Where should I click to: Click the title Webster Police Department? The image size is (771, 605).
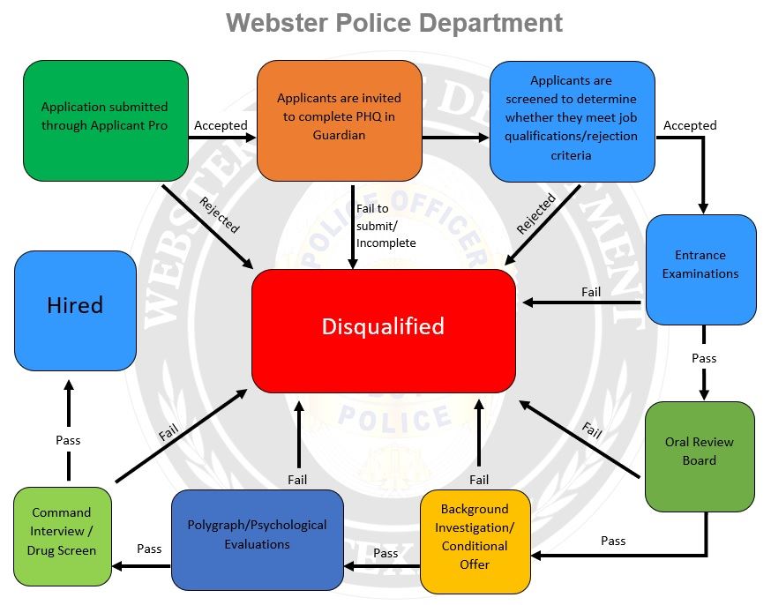click(394, 22)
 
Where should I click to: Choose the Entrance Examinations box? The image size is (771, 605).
click(700, 265)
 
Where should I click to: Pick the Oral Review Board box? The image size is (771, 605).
click(700, 452)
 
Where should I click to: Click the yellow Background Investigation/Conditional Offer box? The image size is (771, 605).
click(475, 536)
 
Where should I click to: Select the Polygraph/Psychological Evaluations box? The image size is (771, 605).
click(257, 535)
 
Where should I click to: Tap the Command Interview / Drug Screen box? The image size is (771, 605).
click(62, 531)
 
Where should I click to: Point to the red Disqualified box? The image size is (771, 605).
click(383, 327)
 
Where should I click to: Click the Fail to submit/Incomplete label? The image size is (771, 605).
click(385, 226)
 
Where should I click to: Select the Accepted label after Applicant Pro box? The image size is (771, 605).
click(221, 125)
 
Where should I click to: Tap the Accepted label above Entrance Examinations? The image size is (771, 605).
click(690, 125)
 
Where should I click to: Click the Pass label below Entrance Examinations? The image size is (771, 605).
click(704, 358)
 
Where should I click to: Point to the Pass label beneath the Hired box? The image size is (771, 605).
click(68, 440)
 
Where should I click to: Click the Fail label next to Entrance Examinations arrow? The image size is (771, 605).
click(591, 292)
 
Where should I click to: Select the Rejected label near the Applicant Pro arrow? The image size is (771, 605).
click(219, 214)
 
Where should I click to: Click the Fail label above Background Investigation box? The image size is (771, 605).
click(479, 480)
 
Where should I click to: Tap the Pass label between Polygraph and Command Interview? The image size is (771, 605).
click(149, 549)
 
